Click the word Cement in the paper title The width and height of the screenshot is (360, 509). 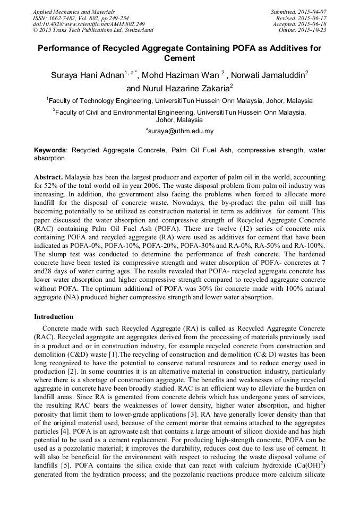point(179,58)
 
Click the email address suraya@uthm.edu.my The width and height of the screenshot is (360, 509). point(181,131)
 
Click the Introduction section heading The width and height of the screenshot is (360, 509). point(54,317)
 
